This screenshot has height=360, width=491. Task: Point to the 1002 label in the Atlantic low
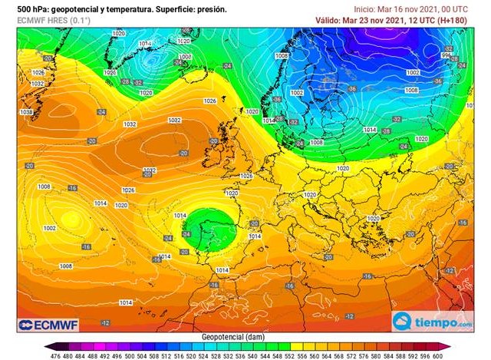point(50,228)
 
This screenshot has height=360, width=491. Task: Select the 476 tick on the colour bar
point(54,355)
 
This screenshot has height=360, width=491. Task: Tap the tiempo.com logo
point(433,321)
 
